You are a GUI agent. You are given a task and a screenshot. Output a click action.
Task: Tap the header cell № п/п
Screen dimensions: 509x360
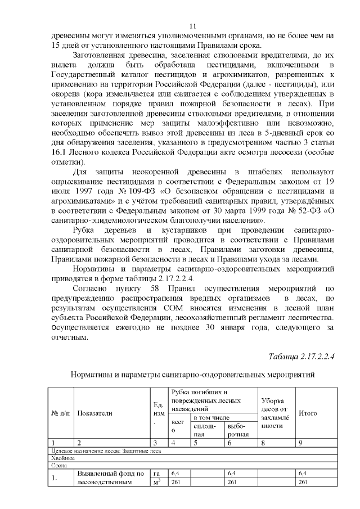click(x=61, y=413)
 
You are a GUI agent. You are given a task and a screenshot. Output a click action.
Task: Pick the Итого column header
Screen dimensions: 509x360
click(x=308, y=413)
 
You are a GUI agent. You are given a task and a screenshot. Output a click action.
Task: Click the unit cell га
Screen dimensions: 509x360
click(x=157, y=474)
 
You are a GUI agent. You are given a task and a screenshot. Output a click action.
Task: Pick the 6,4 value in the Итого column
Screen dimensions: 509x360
click(x=303, y=474)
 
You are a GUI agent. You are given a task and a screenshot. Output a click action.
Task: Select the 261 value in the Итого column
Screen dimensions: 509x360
click(x=303, y=483)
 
